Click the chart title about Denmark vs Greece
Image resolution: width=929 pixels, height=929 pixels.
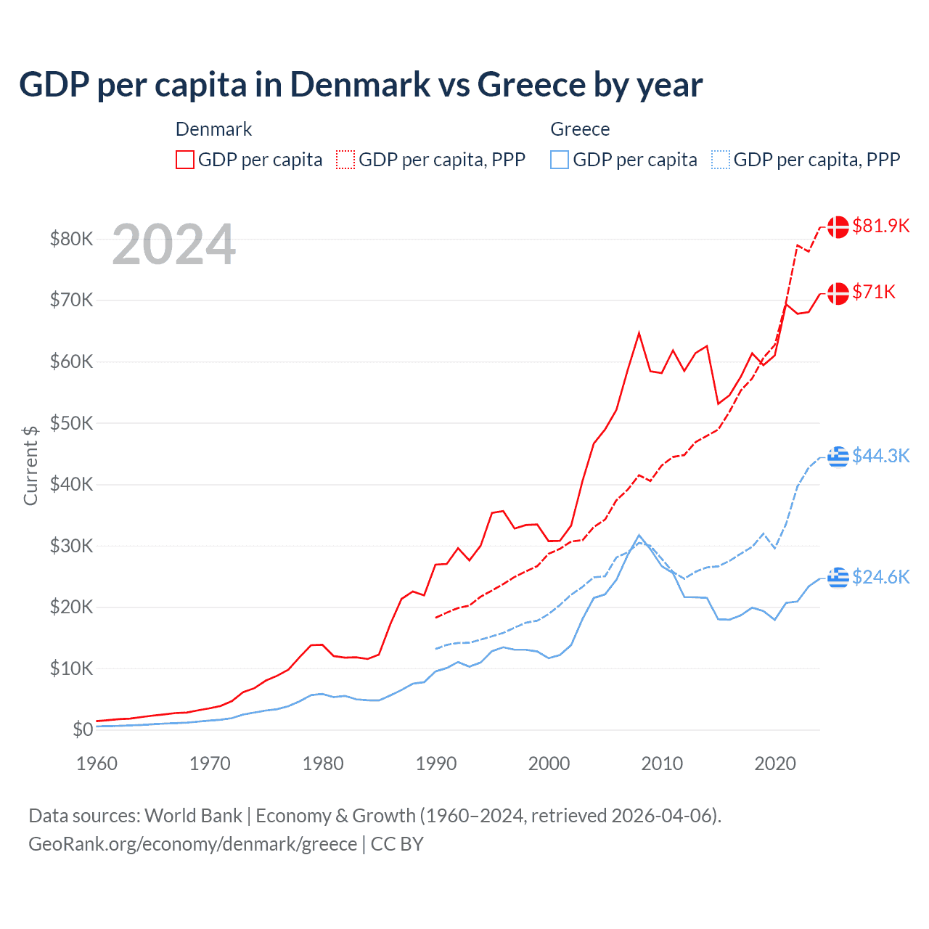pos(360,84)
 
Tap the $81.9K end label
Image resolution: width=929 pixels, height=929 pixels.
pos(880,226)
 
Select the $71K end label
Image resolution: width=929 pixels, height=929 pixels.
pos(874,292)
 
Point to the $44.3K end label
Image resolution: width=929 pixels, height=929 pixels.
pos(880,456)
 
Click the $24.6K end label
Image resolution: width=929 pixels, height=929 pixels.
pos(880,577)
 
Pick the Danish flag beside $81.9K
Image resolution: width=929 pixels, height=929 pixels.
pos(838,226)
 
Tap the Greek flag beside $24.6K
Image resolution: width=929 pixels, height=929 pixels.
pos(838,578)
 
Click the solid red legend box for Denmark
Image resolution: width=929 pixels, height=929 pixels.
pos(185,160)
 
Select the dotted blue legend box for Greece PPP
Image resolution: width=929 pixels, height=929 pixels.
pos(721,160)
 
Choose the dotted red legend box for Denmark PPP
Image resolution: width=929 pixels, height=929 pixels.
pos(345,160)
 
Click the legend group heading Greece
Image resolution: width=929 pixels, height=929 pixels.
pos(580,129)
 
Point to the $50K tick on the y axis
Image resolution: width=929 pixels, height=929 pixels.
pos(71,423)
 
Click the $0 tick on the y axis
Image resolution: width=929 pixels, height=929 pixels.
pos(83,730)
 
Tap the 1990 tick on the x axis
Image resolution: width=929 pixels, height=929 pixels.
pos(436,764)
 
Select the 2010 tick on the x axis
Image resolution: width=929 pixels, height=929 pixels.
pos(662,764)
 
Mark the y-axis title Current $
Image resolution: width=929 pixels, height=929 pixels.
pos(30,465)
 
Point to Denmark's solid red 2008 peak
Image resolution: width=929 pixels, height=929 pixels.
pos(639,333)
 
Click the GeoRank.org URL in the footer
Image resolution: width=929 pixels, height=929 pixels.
pos(192,844)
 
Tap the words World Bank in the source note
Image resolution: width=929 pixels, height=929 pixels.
pos(193,816)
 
